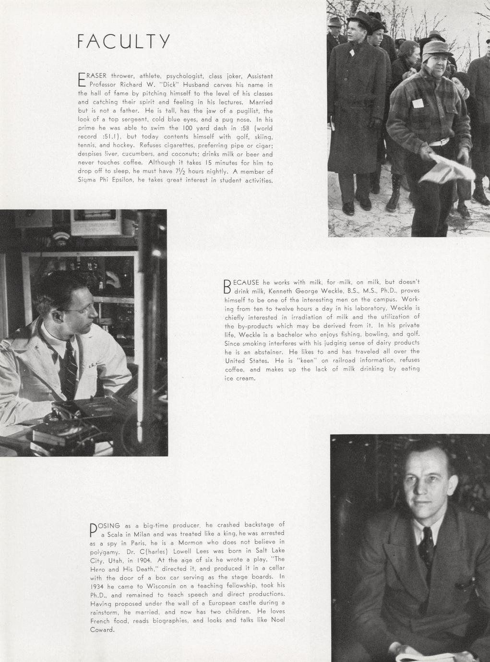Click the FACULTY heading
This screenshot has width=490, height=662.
click(123, 41)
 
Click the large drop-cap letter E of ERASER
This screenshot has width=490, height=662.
click(81, 80)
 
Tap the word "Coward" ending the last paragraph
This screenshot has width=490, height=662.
click(102, 630)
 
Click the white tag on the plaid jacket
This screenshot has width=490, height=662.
click(417, 103)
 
